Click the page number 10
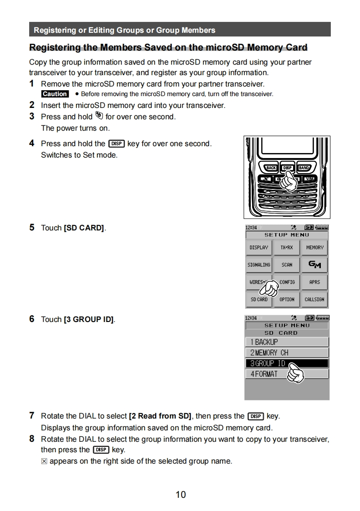(181, 495)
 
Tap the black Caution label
(55, 94)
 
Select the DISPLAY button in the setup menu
(259, 248)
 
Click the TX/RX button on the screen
(287, 248)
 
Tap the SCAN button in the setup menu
(287, 265)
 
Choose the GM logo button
(314, 265)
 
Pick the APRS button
(314, 282)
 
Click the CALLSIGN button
(314, 299)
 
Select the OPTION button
(287, 299)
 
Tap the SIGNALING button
(259, 265)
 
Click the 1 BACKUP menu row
(287, 342)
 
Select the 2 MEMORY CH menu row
(287, 353)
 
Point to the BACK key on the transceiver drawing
(271, 168)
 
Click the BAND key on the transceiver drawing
(304, 168)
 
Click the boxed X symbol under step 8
(44, 461)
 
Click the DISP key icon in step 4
(117, 144)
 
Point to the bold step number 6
(32, 319)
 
